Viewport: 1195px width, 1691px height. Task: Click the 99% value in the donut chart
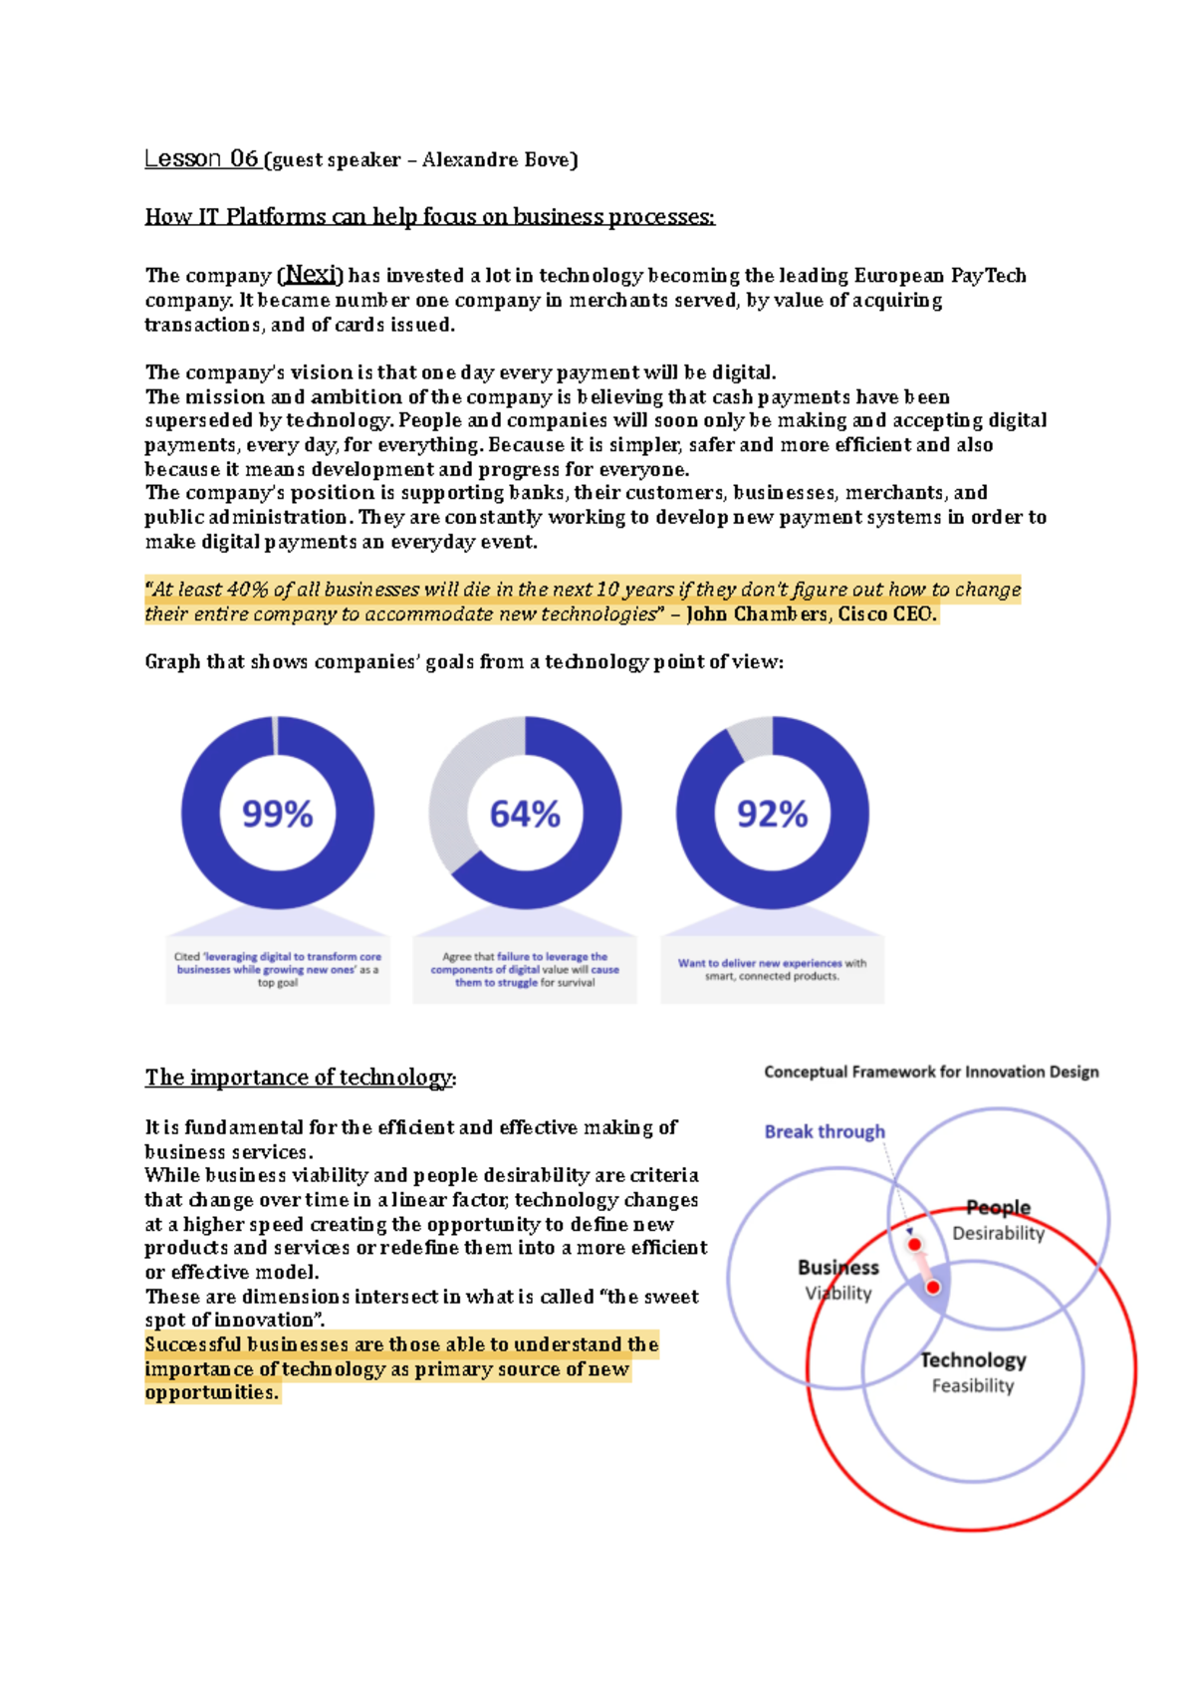(x=278, y=815)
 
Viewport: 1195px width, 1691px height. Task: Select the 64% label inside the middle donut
(x=525, y=815)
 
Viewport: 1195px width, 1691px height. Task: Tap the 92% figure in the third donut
(x=772, y=815)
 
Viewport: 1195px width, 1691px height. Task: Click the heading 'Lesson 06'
(x=202, y=158)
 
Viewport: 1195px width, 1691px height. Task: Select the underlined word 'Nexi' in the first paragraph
(x=310, y=275)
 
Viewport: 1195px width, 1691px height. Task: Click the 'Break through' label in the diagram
(x=824, y=1131)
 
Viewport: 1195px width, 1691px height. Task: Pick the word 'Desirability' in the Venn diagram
(x=998, y=1233)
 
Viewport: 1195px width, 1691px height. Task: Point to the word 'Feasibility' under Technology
(x=972, y=1385)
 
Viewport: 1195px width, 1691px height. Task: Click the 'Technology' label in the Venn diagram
(x=973, y=1359)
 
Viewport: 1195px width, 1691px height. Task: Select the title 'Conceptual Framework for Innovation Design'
(x=931, y=1072)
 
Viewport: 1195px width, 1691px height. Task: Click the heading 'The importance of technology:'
(x=300, y=1078)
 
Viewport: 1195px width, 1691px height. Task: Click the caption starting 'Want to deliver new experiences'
(x=772, y=969)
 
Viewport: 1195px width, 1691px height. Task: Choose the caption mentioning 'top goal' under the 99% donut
(x=278, y=969)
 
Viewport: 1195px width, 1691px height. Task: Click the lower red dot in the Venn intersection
(x=933, y=1288)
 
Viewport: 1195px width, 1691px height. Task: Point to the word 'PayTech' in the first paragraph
(x=988, y=276)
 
